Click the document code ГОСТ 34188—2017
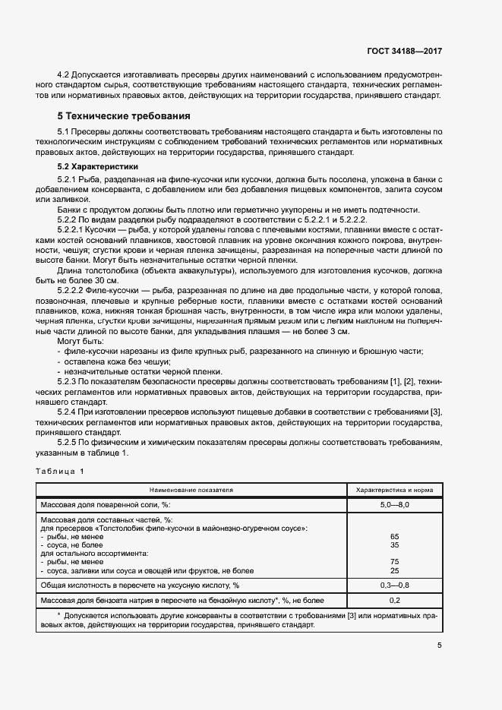[x=404, y=51]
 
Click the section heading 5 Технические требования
[x=124, y=116]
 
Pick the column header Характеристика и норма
[x=394, y=490]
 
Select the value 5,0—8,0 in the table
[x=394, y=504]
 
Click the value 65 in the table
[x=394, y=536]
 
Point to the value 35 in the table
[x=394, y=544]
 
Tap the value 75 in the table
[x=394, y=562]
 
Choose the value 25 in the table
[x=394, y=570]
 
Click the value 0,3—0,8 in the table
[x=394, y=585]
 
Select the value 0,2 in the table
[x=394, y=600]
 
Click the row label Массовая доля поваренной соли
[x=106, y=504]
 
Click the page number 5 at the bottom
[x=439, y=645]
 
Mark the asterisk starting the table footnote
[x=59, y=614]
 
